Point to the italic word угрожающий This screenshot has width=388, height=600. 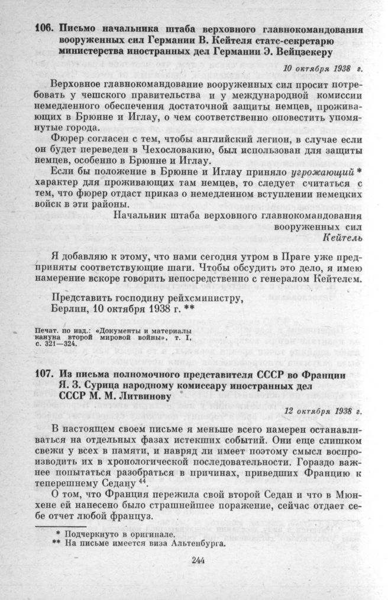322,171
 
